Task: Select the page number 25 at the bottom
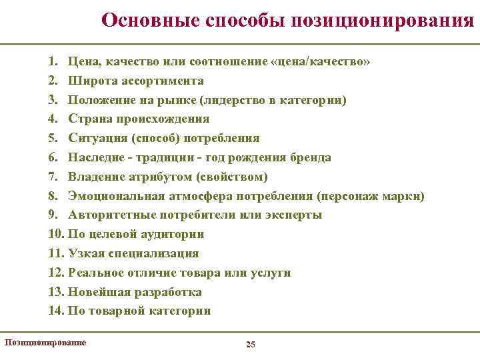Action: (x=251, y=344)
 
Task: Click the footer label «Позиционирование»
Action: (x=45, y=342)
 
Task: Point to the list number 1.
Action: (x=53, y=61)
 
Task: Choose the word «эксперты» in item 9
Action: (x=294, y=215)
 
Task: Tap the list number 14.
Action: (x=55, y=311)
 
